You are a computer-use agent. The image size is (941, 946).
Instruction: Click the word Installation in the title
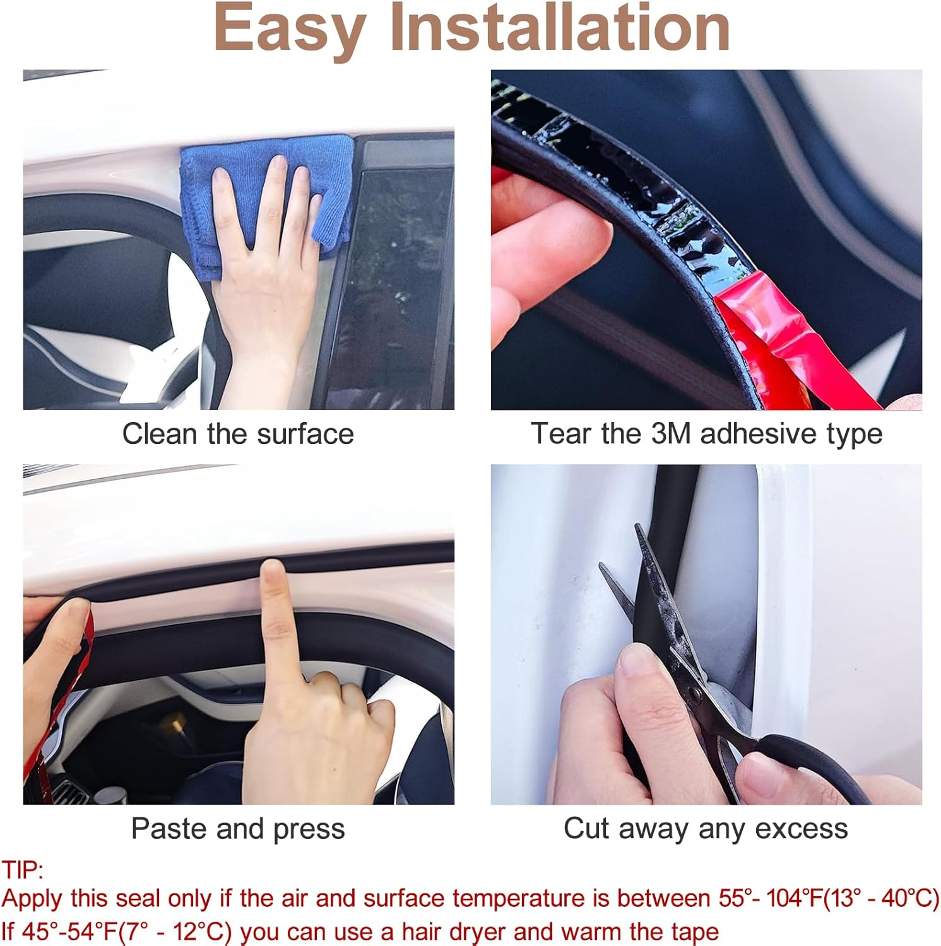560,28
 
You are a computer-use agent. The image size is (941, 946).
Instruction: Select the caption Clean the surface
238,434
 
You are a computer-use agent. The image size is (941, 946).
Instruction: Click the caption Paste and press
238,829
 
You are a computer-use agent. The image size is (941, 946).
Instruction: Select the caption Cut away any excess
706,829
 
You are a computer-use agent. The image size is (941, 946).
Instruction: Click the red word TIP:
23,870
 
